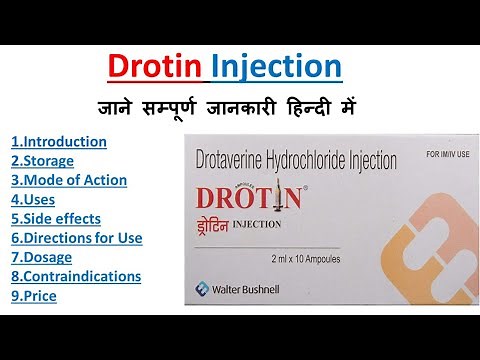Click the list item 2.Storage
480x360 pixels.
[42, 161]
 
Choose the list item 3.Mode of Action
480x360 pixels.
[69, 180]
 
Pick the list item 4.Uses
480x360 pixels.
[35, 199]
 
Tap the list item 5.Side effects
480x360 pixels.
[56, 218]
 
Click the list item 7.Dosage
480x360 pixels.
[42, 257]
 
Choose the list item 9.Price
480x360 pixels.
[34, 296]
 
